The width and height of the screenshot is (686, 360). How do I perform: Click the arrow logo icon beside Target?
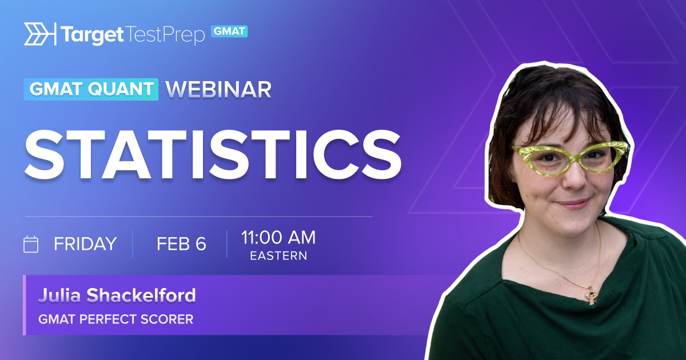40,34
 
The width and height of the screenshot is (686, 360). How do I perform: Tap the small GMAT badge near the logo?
229,31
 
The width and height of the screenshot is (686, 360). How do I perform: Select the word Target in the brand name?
92,35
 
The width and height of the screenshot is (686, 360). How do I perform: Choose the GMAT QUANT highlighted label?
91,89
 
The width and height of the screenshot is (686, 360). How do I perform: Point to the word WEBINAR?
218,90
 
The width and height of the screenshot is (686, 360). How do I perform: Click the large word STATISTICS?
213,155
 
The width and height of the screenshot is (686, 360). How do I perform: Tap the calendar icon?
31,245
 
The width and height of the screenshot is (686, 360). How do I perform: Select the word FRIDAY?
85,244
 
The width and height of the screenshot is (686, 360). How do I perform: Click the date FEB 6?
181,244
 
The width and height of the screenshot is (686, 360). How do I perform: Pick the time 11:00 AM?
278,237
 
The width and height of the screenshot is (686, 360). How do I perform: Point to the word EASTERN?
278,256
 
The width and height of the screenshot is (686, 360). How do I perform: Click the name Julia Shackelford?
117,295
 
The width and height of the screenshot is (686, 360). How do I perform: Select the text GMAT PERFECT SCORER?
115,319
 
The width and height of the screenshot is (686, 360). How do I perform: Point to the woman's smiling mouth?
573,203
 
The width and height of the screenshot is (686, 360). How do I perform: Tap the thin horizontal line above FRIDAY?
199,217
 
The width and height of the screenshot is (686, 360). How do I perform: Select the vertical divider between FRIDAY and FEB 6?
133,244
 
